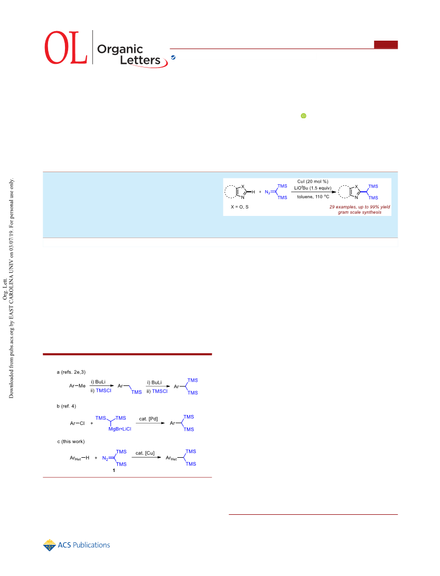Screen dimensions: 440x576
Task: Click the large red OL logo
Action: pos(66,48)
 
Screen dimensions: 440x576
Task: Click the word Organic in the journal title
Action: pos(120,50)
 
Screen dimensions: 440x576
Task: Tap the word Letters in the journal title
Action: pos(140,60)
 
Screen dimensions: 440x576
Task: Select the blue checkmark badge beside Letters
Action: pos(173,58)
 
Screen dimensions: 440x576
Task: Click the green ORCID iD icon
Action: pos(304,116)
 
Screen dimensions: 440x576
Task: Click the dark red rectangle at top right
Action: pos(386,44)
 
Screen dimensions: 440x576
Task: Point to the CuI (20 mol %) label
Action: pos(313,182)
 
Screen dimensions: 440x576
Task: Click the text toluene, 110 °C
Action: pos(313,197)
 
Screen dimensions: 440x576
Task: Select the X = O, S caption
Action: pos(240,207)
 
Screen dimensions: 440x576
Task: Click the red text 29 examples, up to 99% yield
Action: pos(360,207)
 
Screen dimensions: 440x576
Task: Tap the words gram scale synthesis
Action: pos(360,212)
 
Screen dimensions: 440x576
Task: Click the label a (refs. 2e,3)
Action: pos(71,372)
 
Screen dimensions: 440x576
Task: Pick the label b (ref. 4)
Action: pos(66,407)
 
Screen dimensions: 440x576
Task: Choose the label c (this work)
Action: pos(71,441)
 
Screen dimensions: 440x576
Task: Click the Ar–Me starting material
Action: pos(77,386)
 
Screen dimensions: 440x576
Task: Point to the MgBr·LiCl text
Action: pos(120,429)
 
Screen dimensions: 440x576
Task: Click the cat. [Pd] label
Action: pos(148,419)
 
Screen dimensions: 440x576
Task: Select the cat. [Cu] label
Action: pos(145,454)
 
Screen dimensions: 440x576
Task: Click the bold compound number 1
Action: pos(114,470)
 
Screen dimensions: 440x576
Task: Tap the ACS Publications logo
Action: pos(77,545)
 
